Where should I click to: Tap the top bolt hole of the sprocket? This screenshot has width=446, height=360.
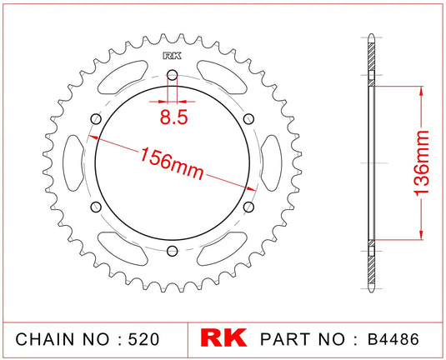(x=173, y=77)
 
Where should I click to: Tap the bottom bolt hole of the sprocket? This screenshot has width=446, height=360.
(x=173, y=251)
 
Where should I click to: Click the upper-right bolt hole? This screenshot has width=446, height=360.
(x=248, y=120)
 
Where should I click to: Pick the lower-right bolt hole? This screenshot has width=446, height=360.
(x=248, y=207)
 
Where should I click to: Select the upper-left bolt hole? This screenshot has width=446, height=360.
(x=97, y=120)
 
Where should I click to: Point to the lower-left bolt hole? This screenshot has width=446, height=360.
(x=97, y=207)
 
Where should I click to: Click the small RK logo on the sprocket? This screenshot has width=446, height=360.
(x=173, y=57)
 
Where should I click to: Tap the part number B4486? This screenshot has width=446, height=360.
(x=394, y=341)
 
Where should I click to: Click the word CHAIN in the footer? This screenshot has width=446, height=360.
(x=47, y=341)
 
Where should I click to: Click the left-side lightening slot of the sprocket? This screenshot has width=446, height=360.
(x=74, y=163)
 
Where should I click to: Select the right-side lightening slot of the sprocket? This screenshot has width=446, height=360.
(x=272, y=163)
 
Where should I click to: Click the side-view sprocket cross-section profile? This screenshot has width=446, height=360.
(x=370, y=163)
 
